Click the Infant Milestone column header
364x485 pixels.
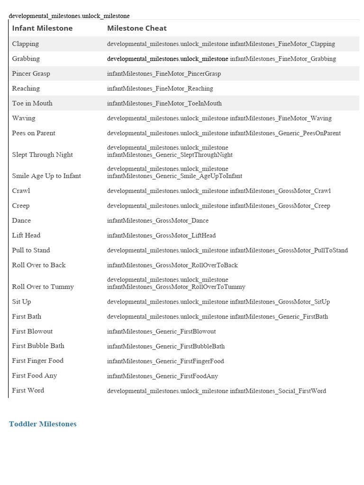coord(42,28)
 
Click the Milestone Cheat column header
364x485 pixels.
coord(136,28)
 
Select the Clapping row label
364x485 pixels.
coord(26,44)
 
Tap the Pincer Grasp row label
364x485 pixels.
coord(31,74)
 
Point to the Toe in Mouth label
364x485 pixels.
coord(32,103)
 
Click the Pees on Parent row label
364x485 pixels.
coord(34,133)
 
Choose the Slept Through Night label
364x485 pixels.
coord(42,155)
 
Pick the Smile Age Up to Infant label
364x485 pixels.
coord(46,176)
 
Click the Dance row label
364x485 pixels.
coord(21,221)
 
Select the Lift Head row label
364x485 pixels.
coord(26,235)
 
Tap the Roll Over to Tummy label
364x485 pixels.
coord(43,287)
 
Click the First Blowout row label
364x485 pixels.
coord(32,332)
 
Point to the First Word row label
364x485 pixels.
coord(28,391)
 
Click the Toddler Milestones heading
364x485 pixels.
coord(43,424)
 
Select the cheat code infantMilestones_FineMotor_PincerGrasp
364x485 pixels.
coord(164,74)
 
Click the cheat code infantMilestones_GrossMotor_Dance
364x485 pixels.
coord(158,221)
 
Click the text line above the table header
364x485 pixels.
coord(69,16)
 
